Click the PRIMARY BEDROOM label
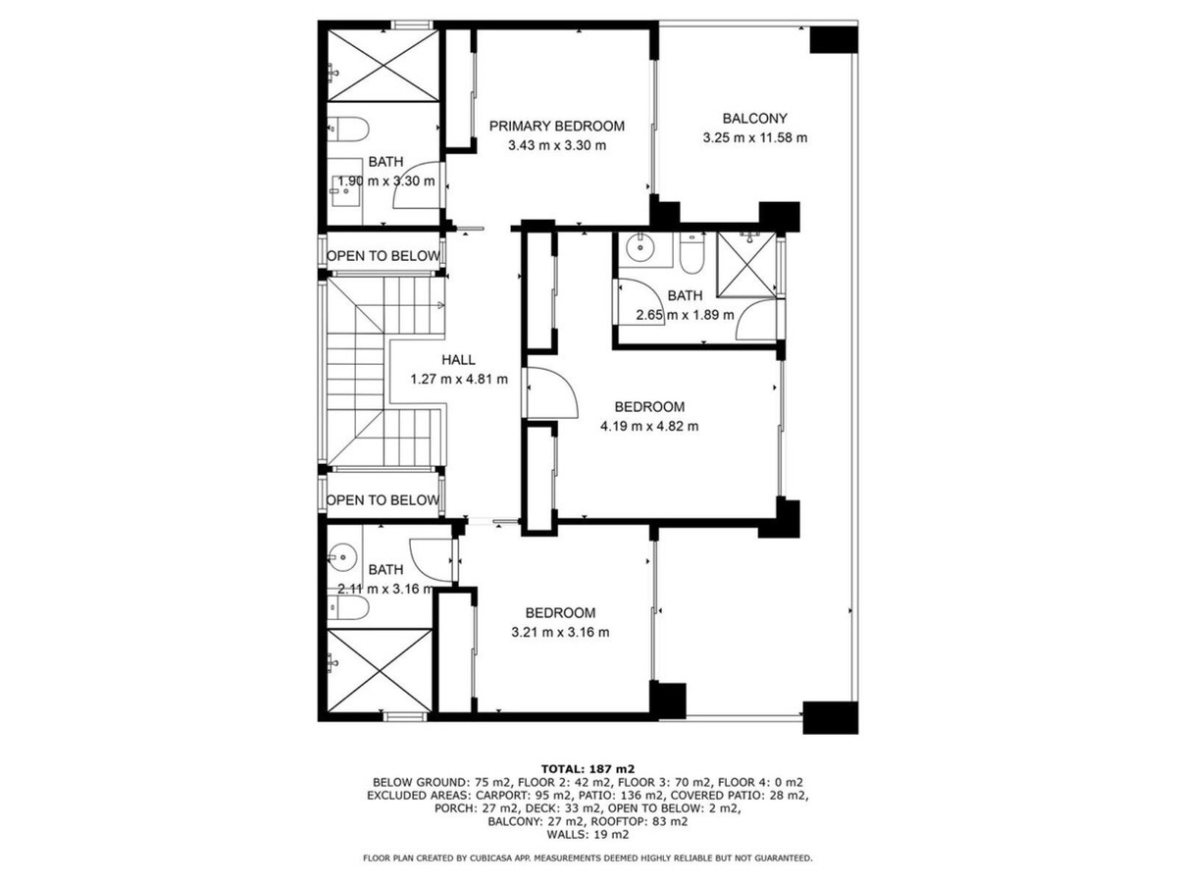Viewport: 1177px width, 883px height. point(556,126)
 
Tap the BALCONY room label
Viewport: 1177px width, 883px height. point(754,118)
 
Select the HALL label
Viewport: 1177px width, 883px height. point(458,360)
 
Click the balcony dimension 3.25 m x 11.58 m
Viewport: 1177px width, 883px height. point(754,137)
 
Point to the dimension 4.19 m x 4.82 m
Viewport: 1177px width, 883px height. point(649,426)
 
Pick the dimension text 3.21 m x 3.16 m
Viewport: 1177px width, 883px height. point(560,632)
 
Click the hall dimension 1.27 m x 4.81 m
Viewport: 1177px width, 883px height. point(459,380)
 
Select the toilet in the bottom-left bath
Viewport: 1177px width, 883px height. point(348,607)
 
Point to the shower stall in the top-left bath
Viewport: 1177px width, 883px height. point(383,66)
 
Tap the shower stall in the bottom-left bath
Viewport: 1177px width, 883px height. point(380,670)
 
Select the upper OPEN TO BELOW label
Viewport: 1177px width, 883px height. point(384,256)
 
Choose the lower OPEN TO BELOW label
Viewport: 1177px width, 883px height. point(383,500)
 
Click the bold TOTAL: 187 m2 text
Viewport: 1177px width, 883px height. point(588,769)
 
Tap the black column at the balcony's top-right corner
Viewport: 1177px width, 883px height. point(833,39)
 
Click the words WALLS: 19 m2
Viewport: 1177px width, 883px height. point(588,834)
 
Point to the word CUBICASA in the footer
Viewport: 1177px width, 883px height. point(491,857)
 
